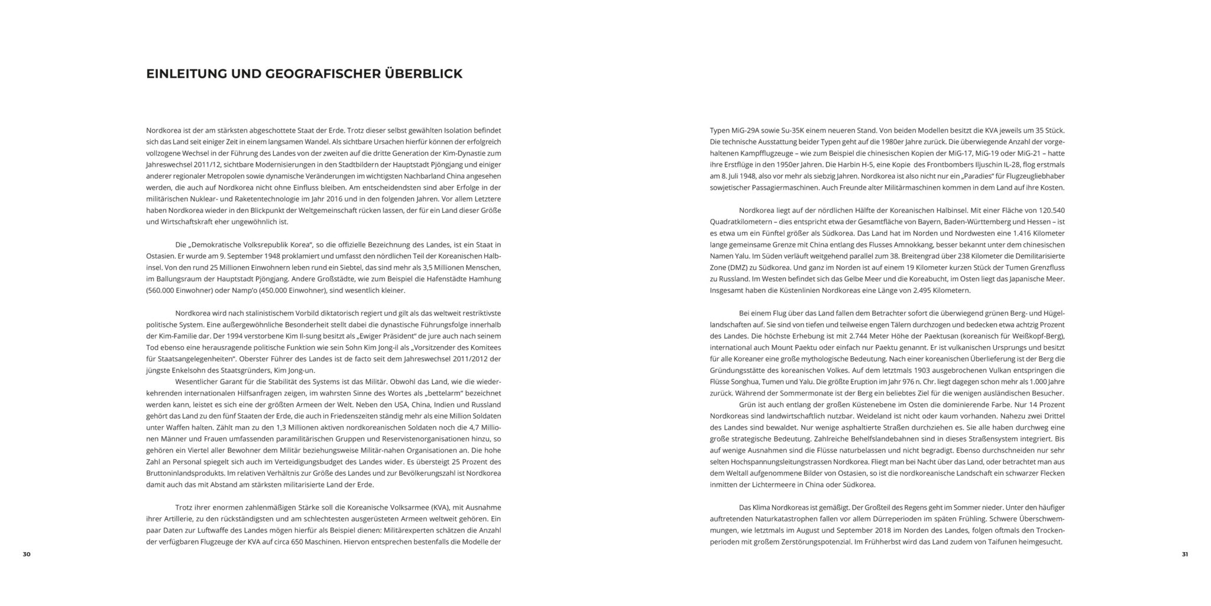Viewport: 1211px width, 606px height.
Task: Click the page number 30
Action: [26, 554]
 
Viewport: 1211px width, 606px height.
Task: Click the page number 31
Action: [1184, 554]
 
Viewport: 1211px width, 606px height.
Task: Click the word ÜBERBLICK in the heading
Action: [423, 74]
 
